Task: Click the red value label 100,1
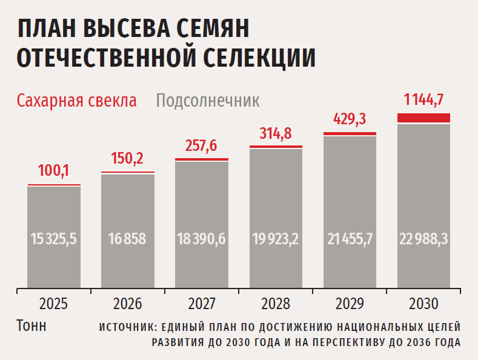54,171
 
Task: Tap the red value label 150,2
127,159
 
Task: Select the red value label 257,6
201,146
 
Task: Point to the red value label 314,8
276,133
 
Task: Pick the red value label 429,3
350,119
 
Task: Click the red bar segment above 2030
423,118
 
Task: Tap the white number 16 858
128,239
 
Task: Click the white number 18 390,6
201,239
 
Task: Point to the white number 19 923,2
276,239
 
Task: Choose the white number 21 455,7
350,239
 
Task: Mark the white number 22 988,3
423,239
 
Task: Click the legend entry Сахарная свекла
77,101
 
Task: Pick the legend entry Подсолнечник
208,101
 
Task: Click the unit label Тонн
30,325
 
